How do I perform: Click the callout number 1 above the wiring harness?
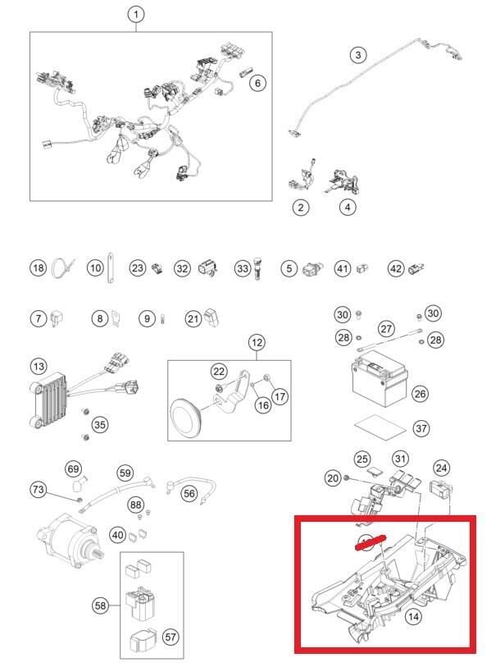(x=136, y=14)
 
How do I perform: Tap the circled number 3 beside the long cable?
(x=357, y=55)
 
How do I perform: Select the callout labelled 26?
(x=420, y=395)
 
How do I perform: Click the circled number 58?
(x=100, y=605)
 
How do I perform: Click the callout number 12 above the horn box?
(x=257, y=341)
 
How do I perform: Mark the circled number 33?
(x=242, y=268)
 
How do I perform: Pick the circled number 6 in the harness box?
(x=257, y=83)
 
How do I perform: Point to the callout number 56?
(x=189, y=493)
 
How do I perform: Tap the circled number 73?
(x=39, y=490)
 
